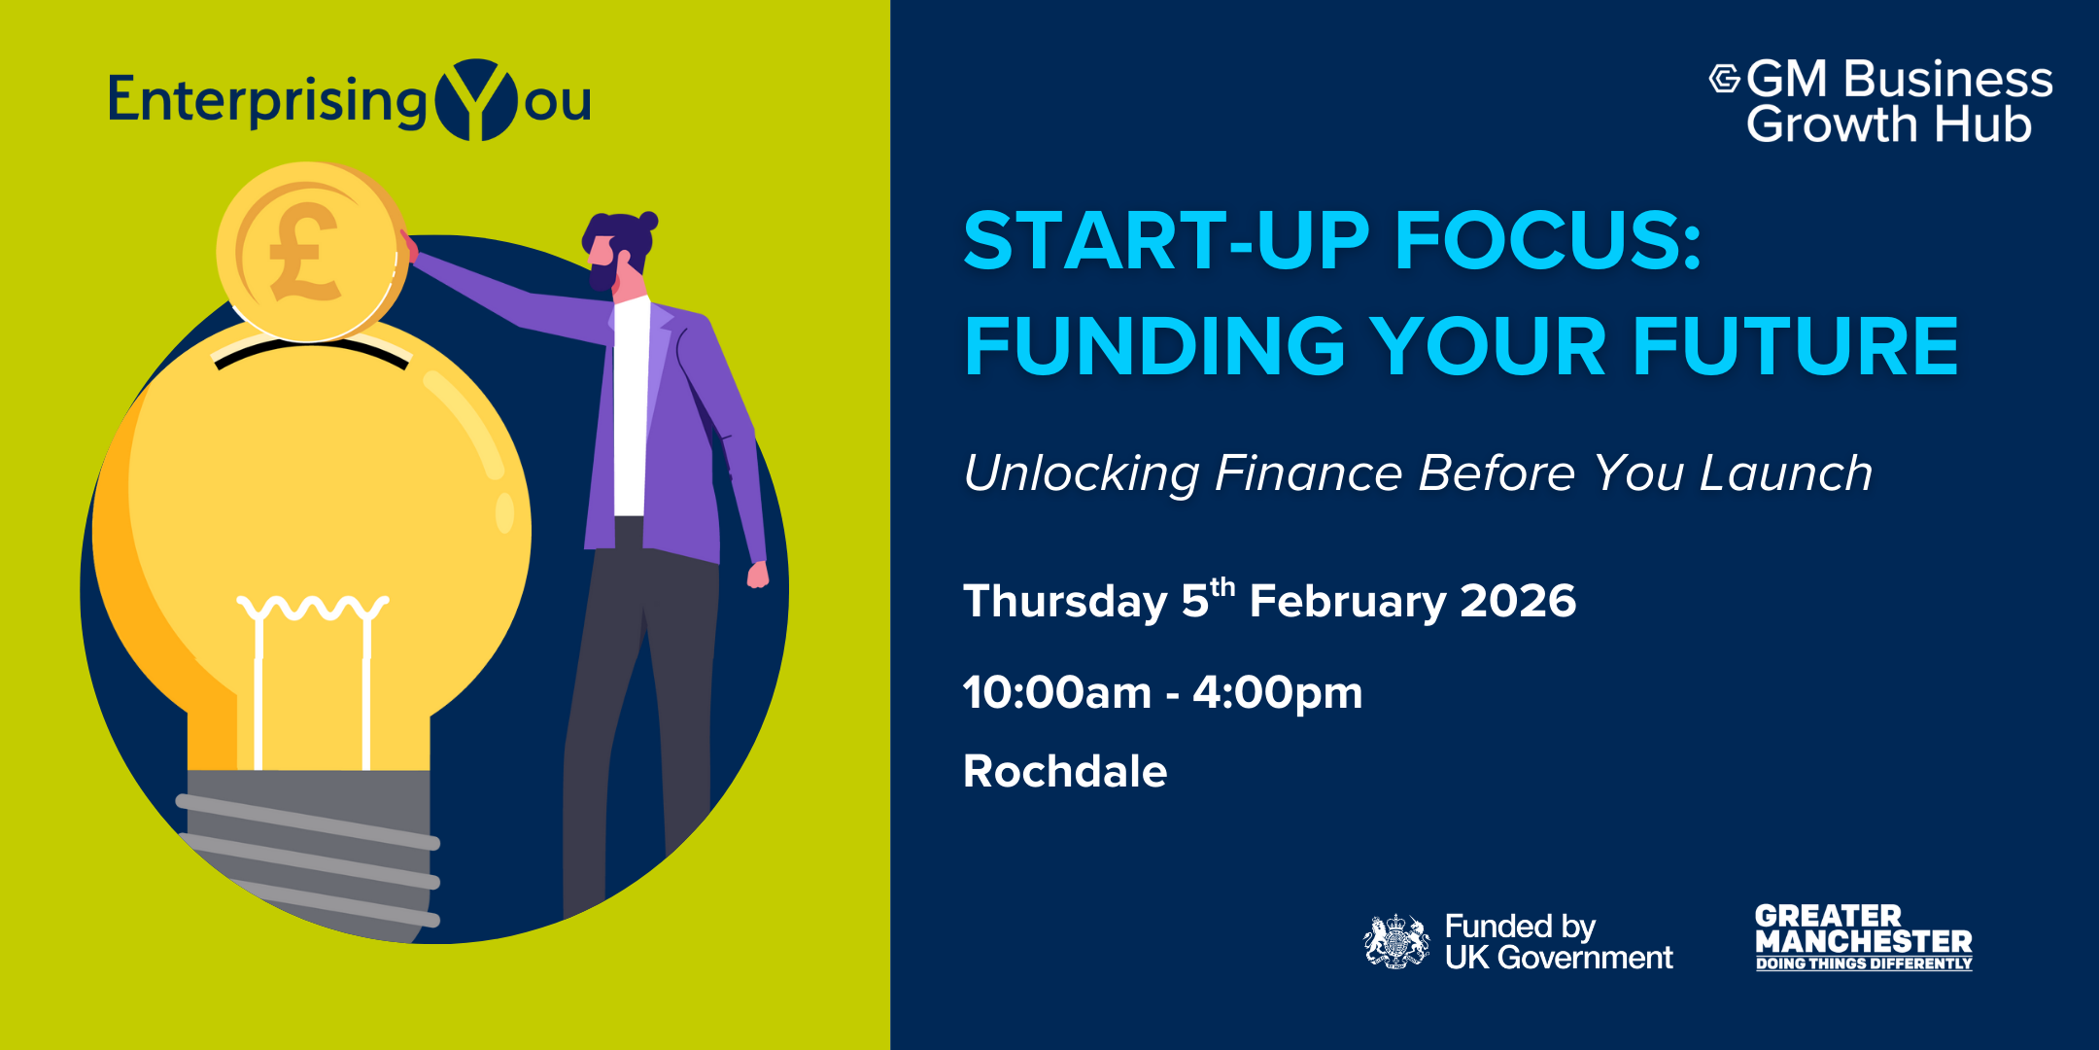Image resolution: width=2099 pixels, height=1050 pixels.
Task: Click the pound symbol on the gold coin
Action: (x=302, y=253)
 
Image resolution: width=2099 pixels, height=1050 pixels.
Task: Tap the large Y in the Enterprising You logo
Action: (x=476, y=100)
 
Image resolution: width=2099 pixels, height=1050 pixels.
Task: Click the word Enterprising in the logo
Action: (x=268, y=101)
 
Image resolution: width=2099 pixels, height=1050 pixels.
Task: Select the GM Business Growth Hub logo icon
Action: (x=1725, y=78)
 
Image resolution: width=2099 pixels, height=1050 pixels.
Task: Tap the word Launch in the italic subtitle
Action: (x=1786, y=473)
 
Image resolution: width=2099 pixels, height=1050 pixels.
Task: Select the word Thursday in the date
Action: (x=1065, y=602)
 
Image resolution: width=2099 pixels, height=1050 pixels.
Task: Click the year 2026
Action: (x=1518, y=601)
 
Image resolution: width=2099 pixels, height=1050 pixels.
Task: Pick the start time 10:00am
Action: (x=1057, y=692)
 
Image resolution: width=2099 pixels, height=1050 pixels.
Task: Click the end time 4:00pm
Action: (x=1278, y=693)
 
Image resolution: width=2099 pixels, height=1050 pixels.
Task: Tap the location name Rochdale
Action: (x=1065, y=771)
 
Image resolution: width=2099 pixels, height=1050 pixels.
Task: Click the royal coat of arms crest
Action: (x=1396, y=940)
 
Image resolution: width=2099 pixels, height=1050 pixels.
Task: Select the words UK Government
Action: (x=1559, y=958)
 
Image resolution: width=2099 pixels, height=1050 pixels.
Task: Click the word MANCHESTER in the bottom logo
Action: (x=1864, y=941)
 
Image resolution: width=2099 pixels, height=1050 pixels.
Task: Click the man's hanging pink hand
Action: (x=758, y=575)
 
